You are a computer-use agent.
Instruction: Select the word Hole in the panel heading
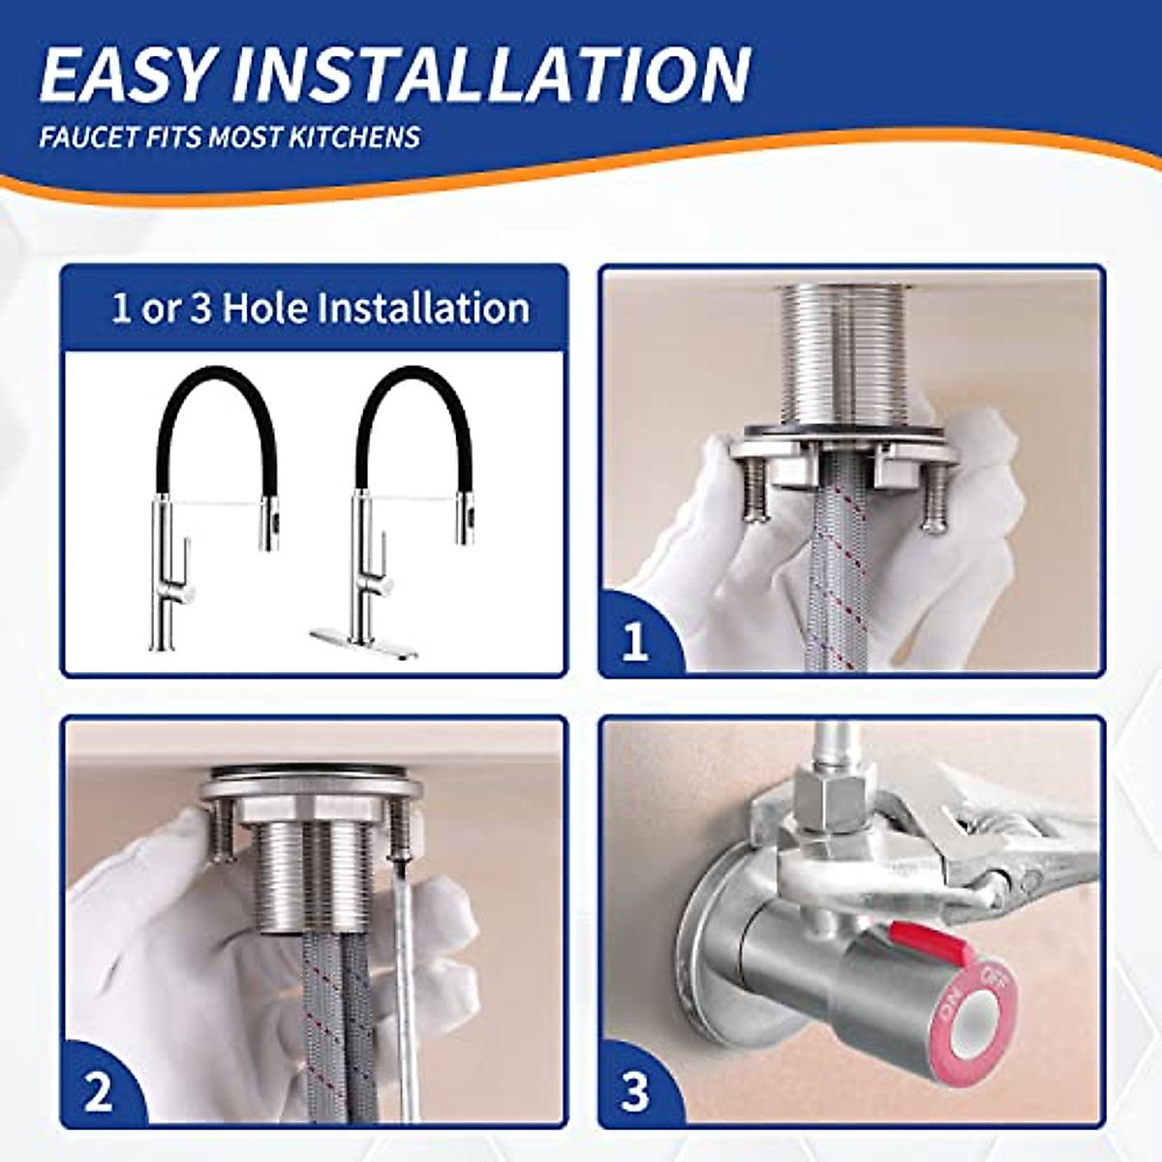[x=265, y=308]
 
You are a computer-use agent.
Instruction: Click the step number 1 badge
[x=635, y=640]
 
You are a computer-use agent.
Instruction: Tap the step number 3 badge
[x=635, y=1091]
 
